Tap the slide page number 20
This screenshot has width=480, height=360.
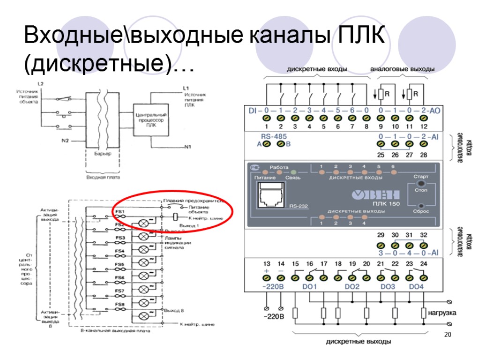[x=447, y=335]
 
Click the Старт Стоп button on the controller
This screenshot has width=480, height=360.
[x=421, y=184]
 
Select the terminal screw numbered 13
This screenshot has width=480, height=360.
[x=267, y=277]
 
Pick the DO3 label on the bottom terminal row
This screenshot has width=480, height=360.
[x=387, y=286]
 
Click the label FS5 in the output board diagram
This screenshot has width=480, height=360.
[x=120, y=265]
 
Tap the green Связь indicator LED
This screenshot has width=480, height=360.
[x=294, y=172]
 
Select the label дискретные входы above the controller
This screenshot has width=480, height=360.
[x=317, y=69]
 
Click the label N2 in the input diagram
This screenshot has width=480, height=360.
[x=66, y=140]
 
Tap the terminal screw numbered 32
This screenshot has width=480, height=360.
[x=423, y=245]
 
